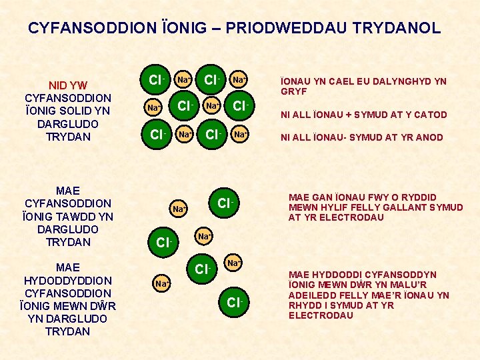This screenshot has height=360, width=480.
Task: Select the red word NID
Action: click(60, 85)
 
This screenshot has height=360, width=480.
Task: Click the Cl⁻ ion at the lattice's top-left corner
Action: click(157, 81)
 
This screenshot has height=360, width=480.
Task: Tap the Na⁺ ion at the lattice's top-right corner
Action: click(238, 81)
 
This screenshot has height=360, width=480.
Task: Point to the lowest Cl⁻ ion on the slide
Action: click(234, 303)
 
